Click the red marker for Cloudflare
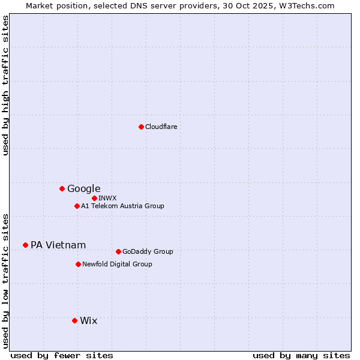141,127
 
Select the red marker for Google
62,188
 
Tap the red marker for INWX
94,198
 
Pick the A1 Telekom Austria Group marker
77,206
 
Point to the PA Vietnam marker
25,245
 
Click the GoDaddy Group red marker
118,251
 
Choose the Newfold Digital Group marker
78,264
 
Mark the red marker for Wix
74,320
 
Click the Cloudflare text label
161,127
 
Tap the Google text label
83,188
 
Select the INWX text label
107,198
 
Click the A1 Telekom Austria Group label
122,206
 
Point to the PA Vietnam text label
58,245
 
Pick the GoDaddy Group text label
148,251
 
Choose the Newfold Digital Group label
117,264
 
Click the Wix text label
88,320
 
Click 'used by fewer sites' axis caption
62,355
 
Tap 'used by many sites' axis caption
301,355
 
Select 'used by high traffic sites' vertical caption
5,85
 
